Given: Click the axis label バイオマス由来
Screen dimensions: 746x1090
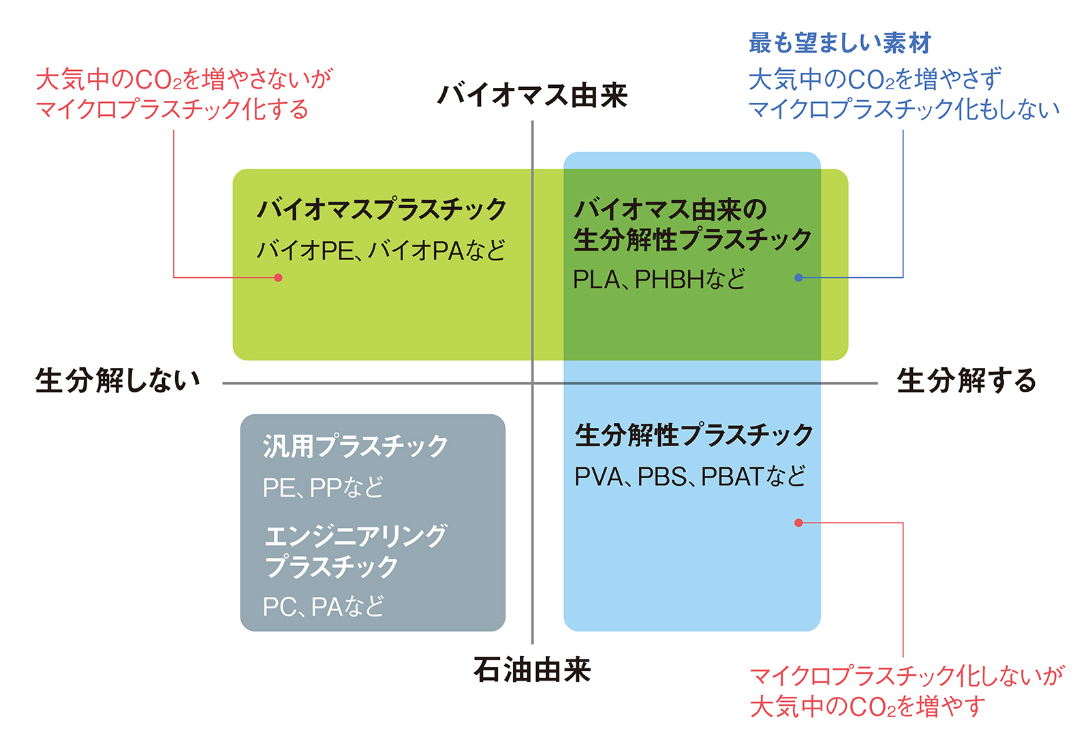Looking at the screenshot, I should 531,95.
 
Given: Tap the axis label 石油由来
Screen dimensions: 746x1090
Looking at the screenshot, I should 532,670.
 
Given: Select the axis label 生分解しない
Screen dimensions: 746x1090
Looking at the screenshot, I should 118,380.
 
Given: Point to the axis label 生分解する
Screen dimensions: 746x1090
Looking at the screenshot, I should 966,380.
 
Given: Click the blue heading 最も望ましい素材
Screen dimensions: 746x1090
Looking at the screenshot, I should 839,43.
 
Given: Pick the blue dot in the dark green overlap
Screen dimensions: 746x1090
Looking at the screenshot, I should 798,277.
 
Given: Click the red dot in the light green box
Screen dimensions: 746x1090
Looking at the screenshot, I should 278,277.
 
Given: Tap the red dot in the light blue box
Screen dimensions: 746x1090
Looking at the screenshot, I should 798,523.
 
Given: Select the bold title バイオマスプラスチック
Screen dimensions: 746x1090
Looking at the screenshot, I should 381,209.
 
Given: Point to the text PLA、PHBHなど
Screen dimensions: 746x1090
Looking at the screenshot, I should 659,279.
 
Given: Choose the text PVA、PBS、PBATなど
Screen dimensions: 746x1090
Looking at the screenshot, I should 690,476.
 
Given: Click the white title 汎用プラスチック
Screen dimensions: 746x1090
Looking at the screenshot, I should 356,446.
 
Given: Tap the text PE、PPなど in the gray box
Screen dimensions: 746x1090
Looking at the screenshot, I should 323,488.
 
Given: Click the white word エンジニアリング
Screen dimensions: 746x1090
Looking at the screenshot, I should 356,536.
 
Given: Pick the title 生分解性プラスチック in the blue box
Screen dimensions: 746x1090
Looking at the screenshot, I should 694,435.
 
